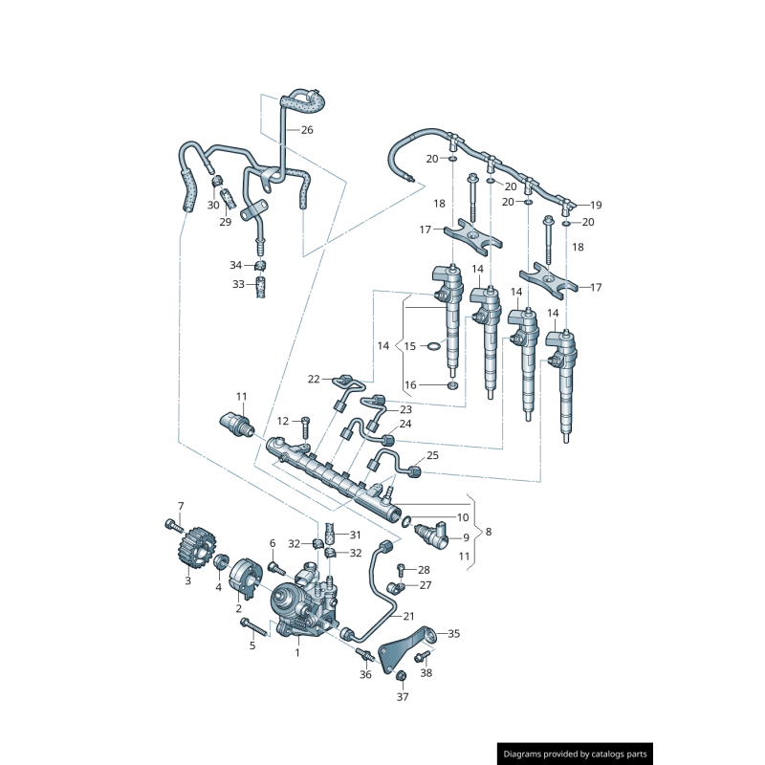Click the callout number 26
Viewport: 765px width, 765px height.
pyautogui.click(x=307, y=129)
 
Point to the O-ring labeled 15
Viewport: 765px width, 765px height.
pyautogui.click(x=432, y=346)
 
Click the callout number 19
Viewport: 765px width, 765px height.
pyautogui.click(x=596, y=205)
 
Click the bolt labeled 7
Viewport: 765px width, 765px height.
pyautogui.click(x=172, y=524)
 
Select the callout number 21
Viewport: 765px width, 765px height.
pyautogui.click(x=408, y=616)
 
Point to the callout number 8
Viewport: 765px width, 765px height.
pyautogui.click(x=489, y=532)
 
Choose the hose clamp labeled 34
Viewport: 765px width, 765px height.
pyautogui.click(x=259, y=265)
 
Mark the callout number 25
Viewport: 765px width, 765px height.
pyautogui.click(x=432, y=456)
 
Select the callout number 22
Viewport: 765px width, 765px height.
pyautogui.click(x=313, y=380)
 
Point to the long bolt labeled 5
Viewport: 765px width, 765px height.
pyautogui.click(x=251, y=627)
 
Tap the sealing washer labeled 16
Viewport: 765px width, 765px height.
pyautogui.click(x=453, y=385)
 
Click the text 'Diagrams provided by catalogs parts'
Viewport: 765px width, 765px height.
pyautogui.click(x=576, y=754)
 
